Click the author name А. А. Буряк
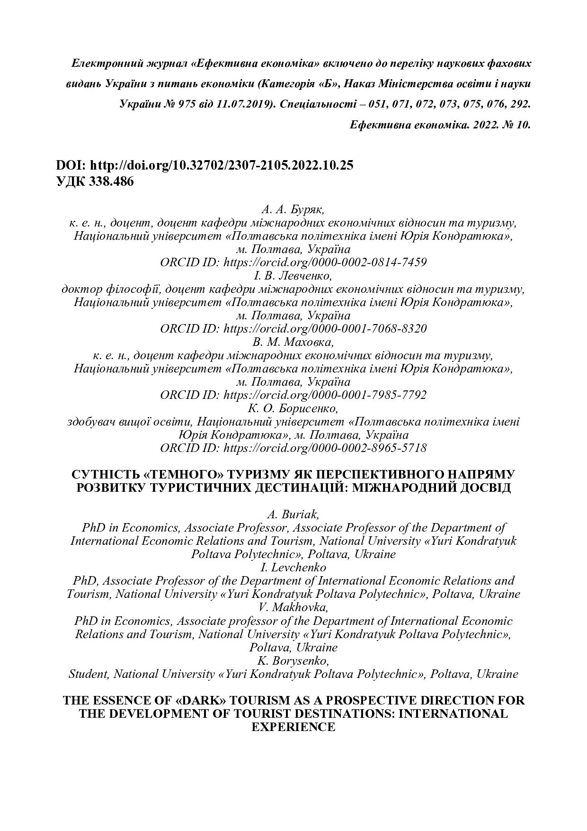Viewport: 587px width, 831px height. pos(293,209)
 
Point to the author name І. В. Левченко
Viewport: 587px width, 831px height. pos(293,275)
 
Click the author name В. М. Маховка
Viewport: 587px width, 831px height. pos(293,342)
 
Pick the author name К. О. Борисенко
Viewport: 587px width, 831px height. pos(293,408)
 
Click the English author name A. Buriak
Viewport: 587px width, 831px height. pos(293,514)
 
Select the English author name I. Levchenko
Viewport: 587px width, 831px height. pos(293,567)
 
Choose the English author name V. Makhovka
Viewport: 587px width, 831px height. pos(293,607)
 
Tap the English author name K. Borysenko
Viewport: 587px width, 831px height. pos(293,660)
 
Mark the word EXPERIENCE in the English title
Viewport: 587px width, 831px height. pos(293,727)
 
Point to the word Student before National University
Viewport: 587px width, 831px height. pos(89,674)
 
